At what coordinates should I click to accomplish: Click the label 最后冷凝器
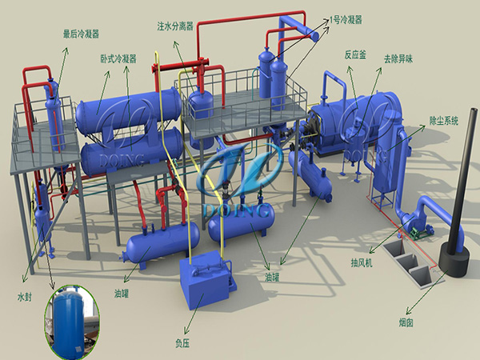81,34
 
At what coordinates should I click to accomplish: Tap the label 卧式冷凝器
118,58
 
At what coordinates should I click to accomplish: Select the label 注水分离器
175,26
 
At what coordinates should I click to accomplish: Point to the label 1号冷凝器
346,20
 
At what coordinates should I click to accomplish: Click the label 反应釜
355,55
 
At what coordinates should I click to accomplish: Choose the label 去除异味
398,58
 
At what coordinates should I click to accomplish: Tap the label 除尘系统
444,121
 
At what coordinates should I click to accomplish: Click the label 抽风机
362,262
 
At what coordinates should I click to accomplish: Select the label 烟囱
406,322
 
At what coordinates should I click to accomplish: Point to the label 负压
182,343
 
